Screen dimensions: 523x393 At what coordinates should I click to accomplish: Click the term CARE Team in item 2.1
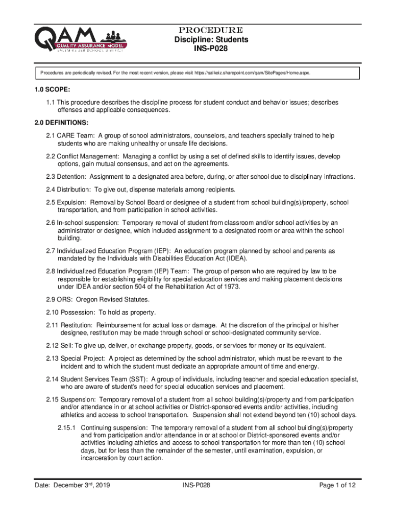[x=77, y=135]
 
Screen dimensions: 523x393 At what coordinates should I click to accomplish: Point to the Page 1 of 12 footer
[x=337, y=486]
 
